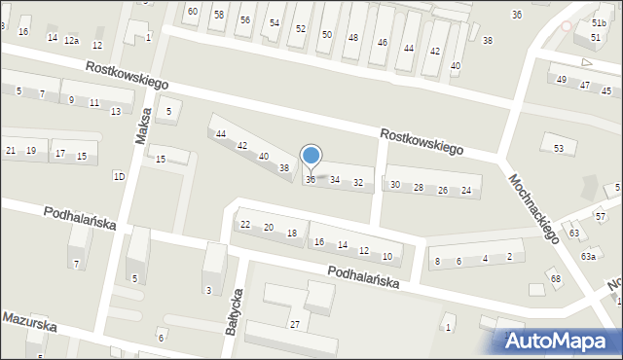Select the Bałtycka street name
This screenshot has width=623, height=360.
point(235,310)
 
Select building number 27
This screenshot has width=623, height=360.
point(293,323)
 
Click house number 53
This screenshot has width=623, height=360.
point(558,148)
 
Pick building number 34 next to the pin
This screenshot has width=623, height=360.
point(335,180)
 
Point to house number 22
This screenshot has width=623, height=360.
point(245,225)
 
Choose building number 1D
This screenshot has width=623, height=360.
point(119,176)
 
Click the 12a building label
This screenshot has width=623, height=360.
point(71,40)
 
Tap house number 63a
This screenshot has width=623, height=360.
point(588,256)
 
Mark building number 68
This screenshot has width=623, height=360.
point(555,279)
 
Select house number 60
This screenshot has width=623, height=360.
point(193,12)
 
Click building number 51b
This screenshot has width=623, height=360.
point(598,21)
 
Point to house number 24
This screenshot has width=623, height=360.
point(466,191)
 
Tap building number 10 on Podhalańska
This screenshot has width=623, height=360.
point(386,257)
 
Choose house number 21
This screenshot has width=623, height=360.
point(11,150)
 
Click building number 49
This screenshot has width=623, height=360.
point(561,79)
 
